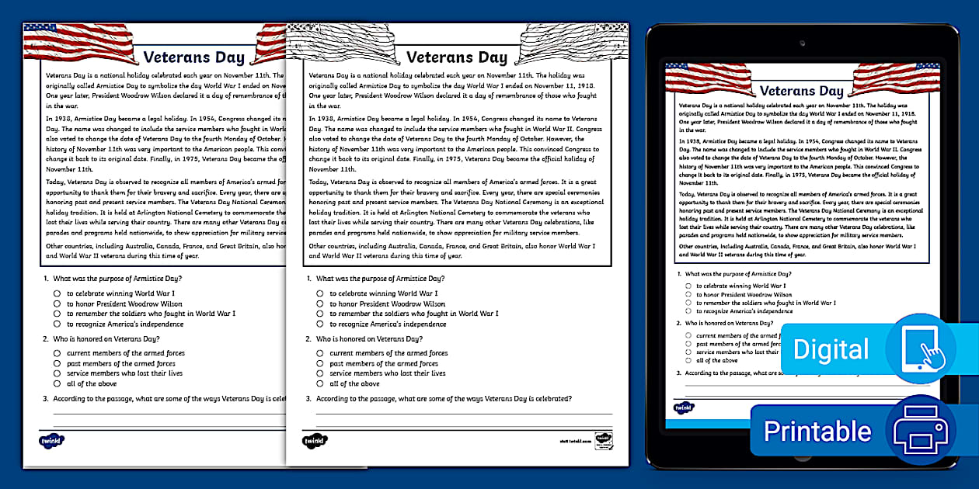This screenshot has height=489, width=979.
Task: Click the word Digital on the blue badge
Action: pos(831,350)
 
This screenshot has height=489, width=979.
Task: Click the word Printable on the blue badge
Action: pos(817,431)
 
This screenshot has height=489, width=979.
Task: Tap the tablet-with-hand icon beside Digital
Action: pos(922,349)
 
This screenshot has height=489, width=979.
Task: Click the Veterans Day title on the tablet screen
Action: pos(801,91)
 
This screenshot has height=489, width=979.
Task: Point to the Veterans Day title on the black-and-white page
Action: pos(456,57)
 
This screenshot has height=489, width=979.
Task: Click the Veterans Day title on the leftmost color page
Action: pos(193,57)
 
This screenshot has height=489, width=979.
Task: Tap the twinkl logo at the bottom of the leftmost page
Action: pos(51,440)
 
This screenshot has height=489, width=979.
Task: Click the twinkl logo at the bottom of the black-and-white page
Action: pos(314,440)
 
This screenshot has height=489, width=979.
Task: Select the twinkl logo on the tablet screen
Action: pos(683,407)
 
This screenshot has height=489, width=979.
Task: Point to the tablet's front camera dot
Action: pos(802,42)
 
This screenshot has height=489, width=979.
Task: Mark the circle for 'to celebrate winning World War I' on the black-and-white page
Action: pos(320,293)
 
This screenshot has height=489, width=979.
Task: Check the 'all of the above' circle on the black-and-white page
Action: pos(320,383)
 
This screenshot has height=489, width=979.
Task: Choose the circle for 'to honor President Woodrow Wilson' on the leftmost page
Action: pos(57,303)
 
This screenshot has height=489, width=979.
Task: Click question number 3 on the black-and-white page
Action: pos(308,399)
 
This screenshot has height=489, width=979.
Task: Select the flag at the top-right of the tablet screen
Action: pos(896,78)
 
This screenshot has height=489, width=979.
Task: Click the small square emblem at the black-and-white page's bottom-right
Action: pos(602,439)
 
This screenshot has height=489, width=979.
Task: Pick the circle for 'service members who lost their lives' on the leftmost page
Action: pos(57,373)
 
